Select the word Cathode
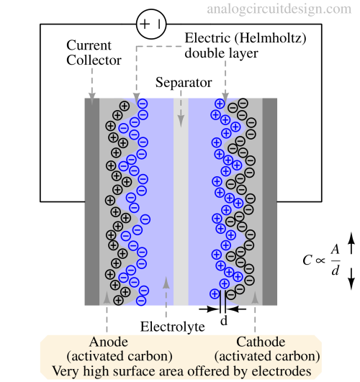pos(260,342)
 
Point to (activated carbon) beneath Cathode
pos(267,357)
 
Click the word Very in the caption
pos(64,372)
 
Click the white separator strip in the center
pos(181,201)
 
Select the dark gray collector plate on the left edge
pos(91,201)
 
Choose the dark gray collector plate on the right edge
pos(270,201)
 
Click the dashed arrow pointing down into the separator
pos(181,101)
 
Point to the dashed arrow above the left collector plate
pos(91,83)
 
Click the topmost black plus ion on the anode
pos(124,106)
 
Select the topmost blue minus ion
pos(142,104)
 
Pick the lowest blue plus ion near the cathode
pos(215,294)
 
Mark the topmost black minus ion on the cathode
pos(243,103)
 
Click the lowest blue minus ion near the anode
pos(141,301)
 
